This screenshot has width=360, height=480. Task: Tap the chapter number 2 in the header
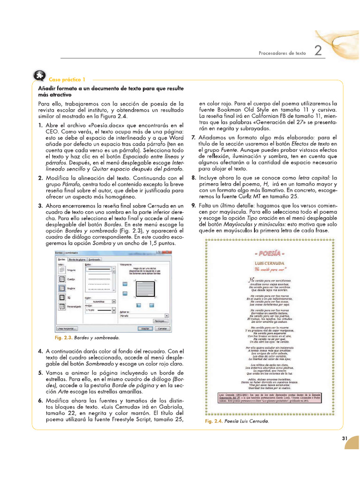coord(318,51)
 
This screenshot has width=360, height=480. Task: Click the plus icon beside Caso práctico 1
coord(39,76)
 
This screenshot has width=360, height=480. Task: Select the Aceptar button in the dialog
coord(145,329)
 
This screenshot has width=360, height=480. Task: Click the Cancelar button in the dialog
coord(162,329)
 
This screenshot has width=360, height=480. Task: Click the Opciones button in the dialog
coord(160,321)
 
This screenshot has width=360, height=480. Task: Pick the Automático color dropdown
coord(100,302)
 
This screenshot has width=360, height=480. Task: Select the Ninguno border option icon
coord(62,270)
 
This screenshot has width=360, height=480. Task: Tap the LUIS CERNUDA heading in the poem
coord(270,264)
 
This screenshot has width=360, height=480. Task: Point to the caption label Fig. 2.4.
coord(213,422)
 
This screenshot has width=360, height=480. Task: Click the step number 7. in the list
coord(194,137)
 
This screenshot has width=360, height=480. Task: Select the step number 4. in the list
coord(40,351)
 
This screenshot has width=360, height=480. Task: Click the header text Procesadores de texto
coord(282,53)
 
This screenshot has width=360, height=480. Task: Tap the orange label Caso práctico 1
coord(65,80)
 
